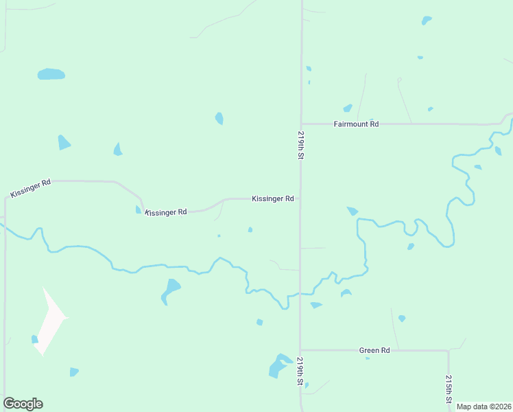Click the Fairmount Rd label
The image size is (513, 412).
356,124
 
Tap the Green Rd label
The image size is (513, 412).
374,350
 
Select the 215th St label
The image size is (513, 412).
449,389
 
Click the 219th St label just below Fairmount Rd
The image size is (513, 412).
300,145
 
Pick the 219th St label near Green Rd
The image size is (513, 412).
300,370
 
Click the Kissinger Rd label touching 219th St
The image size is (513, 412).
273,198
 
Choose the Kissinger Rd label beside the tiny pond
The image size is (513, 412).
166,212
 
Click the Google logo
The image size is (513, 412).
23,404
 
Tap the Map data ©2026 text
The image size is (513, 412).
484,407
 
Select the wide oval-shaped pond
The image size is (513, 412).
51,73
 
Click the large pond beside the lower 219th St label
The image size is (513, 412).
279,365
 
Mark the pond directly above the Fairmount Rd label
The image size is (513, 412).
348,108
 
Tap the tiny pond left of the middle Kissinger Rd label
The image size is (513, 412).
139,209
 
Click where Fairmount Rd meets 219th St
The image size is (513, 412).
300,124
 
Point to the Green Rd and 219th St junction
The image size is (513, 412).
300,350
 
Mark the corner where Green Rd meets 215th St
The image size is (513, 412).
449,351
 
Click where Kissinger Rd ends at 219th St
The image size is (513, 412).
300,198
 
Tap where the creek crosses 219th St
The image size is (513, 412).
300,294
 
